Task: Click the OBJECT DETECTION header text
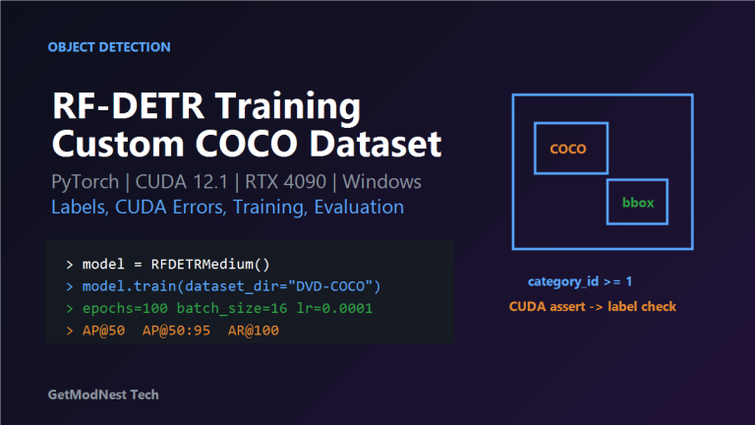(x=109, y=47)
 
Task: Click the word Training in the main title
(x=288, y=107)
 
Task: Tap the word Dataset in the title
(x=376, y=144)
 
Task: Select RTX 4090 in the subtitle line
(x=285, y=182)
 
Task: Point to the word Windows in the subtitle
(x=381, y=182)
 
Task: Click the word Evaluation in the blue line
(x=359, y=208)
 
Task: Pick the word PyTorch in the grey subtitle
(x=86, y=183)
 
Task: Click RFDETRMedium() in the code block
(x=210, y=264)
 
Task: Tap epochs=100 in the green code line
(x=125, y=309)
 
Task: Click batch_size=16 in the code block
(x=232, y=309)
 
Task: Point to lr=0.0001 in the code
(x=334, y=308)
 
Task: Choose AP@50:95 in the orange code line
(x=176, y=331)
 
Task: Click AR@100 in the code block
(x=254, y=331)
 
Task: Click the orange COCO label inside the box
(x=568, y=149)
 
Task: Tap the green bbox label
(x=638, y=203)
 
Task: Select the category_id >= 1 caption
(x=580, y=281)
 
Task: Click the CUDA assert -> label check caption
(x=593, y=307)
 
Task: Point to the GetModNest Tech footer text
(x=103, y=395)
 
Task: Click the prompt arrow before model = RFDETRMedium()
(x=70, y=265)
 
